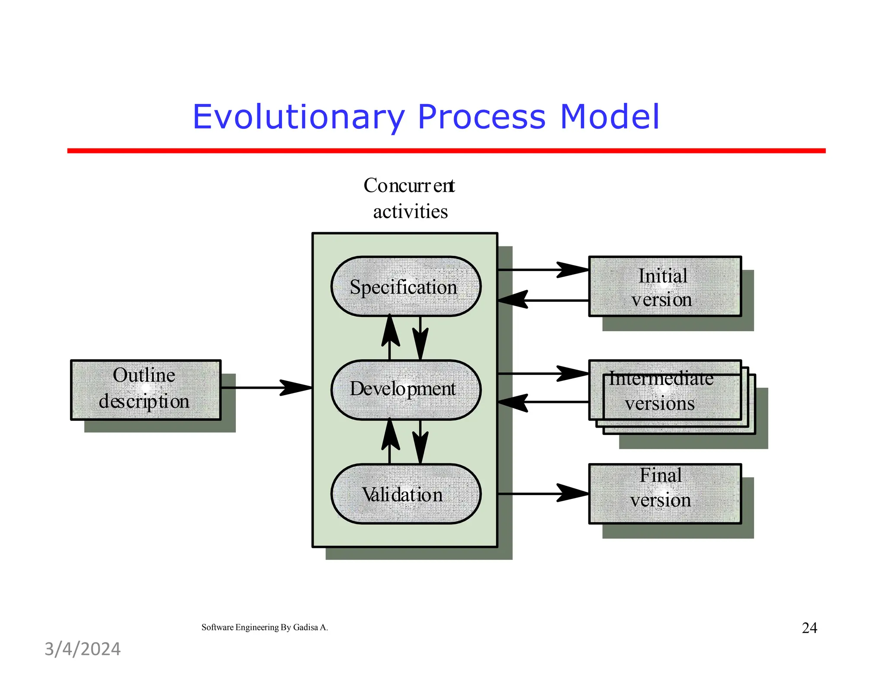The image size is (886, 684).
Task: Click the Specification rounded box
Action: (405, 287)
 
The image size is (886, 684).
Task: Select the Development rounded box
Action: (405, 389)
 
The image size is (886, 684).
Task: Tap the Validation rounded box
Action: (405, 494)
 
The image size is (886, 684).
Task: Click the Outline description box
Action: (146, 389)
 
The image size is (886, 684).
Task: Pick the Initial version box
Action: (664, 287)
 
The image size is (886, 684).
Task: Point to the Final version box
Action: (664, 493)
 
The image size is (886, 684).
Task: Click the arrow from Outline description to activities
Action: (266, 387)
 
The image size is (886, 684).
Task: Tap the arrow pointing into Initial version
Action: (543, 269)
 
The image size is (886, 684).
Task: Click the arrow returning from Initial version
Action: (543, 300)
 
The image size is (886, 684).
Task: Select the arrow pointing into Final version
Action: (543, 493)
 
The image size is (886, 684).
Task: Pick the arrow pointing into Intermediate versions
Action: (543, 373)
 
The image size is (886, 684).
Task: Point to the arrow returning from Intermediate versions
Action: (543, 402)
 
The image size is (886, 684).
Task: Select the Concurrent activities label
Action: (409, 198)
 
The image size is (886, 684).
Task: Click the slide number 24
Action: (809, 628)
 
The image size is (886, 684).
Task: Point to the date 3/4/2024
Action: (83, 649)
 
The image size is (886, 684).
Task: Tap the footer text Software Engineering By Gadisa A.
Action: (264, 627)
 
